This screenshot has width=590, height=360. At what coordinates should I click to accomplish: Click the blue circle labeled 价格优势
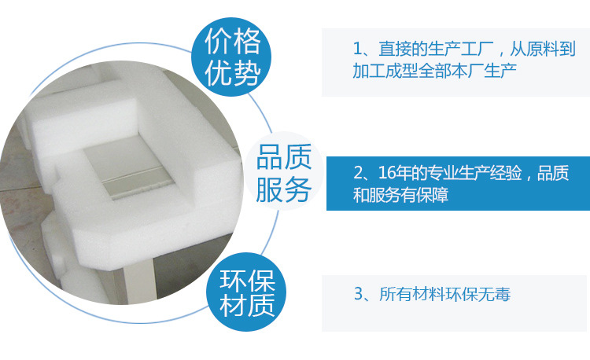pyautogui.click(x=232, y=56)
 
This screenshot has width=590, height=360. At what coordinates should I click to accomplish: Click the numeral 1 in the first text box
pyautogui.click(x=358, y=49)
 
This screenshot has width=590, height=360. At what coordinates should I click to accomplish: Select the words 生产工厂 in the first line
pyautogui.click(x=452, y=49)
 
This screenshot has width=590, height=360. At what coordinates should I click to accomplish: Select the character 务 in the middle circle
pyautogui.click(x=297, y=189)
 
